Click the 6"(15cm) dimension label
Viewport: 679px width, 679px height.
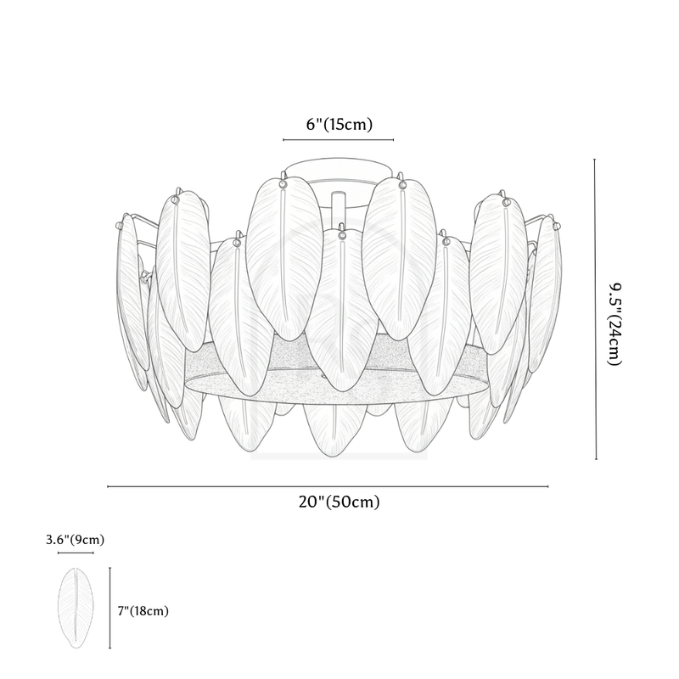339,124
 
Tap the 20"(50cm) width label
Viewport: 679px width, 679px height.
339,502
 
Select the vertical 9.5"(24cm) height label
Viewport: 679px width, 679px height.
615,324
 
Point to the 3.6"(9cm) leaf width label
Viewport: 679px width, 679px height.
76,540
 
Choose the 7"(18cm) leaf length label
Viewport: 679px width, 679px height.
143,610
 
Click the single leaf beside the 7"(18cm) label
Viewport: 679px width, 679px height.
76,607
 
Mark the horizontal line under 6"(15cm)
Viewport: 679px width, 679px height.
338,140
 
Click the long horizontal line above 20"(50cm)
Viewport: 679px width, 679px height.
328,486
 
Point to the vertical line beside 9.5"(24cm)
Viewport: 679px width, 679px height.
596,309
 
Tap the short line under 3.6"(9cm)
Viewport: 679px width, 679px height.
76,553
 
